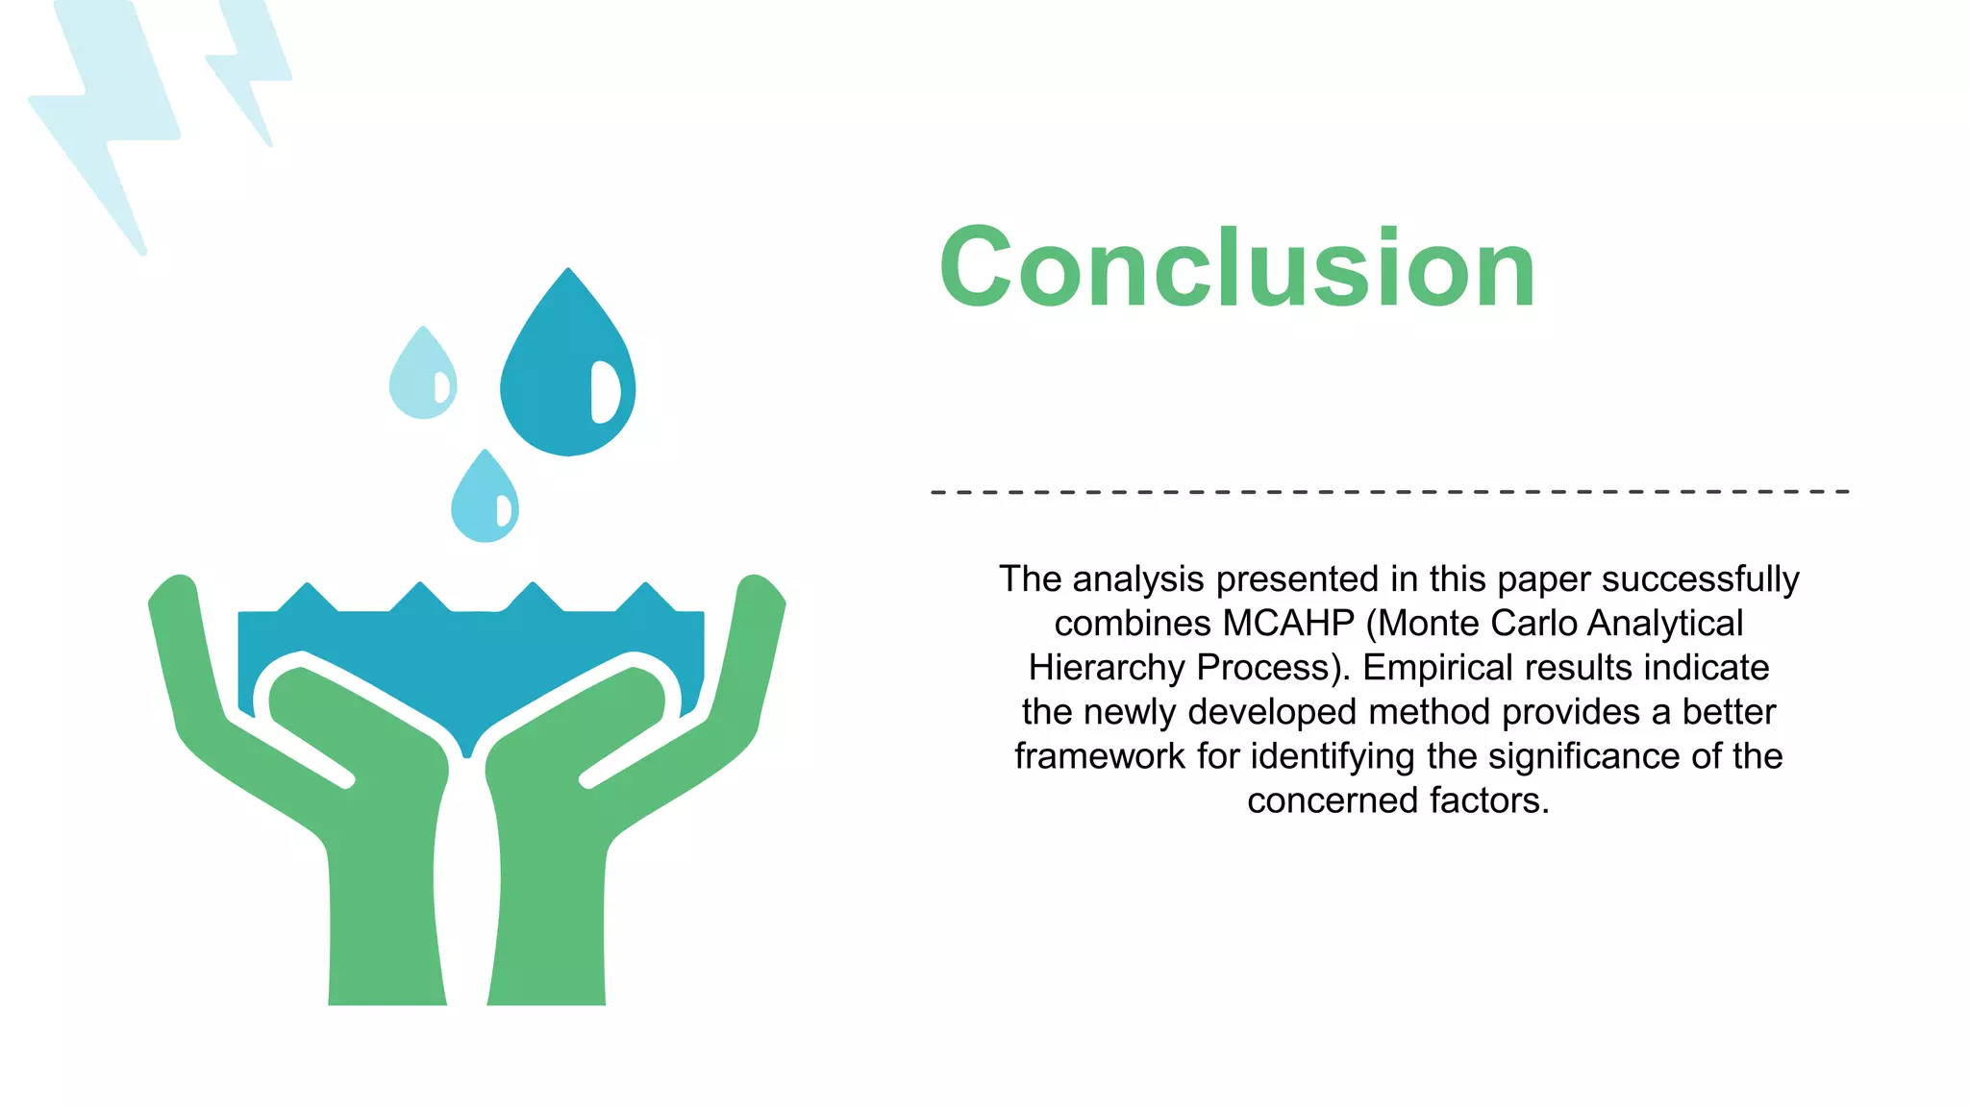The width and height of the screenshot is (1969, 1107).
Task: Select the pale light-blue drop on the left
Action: point(419,380)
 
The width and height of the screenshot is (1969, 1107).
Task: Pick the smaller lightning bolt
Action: point(250,67)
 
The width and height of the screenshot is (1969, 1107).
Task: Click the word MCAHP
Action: point(1288,624)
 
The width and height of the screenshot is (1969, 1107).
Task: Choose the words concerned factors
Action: point(1398,800)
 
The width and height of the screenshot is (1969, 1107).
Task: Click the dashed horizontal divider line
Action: point(1389,492)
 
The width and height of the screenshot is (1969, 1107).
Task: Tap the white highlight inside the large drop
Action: point(604,391)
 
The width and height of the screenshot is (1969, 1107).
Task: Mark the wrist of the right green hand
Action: point(548,942)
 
